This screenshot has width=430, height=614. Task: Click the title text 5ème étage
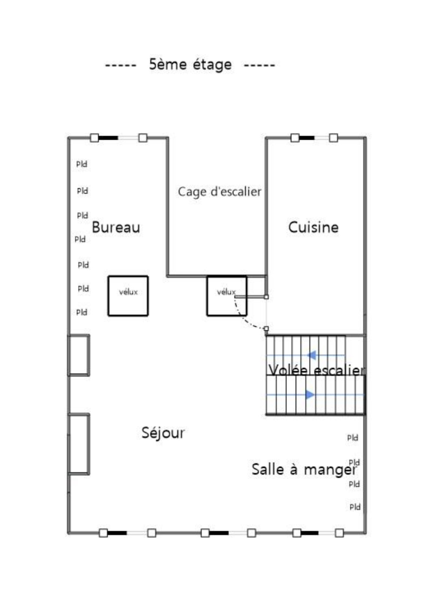[x=190, y=64]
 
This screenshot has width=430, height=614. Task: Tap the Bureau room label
[x=116, y=227]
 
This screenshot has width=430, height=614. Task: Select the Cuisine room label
[x=313, y=227]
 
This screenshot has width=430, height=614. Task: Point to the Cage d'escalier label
[x=219, y=191]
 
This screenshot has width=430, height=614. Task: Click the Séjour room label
[x=163, y=433]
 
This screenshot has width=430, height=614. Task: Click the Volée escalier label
[x=317, y=370]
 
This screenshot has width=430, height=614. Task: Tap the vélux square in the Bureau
[x=128, y=296]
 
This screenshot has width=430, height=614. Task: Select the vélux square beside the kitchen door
[x=227, y=296]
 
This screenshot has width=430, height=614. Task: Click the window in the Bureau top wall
[x=119, y=137]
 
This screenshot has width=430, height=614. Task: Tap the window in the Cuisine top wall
[x=314, y=137]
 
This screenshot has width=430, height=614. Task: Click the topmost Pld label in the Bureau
[x=82, y=164]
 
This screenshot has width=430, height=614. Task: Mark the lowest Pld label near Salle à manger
[x=355, y=507]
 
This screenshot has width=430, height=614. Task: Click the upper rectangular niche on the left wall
[x=79, y=355]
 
